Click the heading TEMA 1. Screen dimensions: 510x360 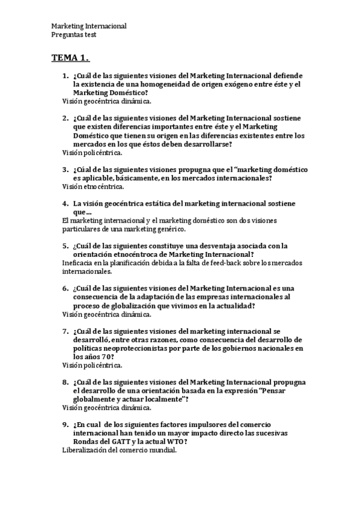click(x=70, y=58)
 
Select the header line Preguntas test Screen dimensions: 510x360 click(x=74, y=35)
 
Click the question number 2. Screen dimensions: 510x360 click(x=65, y=118)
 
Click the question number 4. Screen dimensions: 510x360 click(x=65, y=203)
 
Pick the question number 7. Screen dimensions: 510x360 click(x=65, y=331)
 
